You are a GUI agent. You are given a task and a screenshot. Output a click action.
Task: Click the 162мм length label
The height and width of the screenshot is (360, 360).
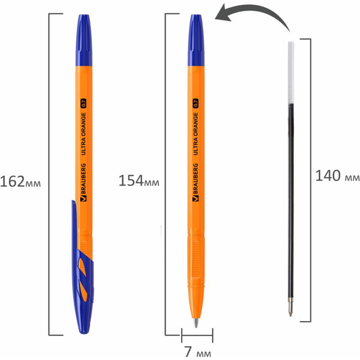[23, 180]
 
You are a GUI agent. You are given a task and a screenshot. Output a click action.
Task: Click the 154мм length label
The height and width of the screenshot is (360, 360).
[139, 181]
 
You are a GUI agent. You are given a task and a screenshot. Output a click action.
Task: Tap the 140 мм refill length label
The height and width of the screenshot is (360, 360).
[337, 176]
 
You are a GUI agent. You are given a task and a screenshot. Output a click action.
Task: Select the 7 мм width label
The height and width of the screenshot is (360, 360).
[196, 350]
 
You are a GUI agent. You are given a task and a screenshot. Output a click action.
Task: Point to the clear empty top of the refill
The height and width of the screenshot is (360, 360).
[292, 72]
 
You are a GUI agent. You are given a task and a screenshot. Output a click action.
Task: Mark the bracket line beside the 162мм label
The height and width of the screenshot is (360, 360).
[50, 180]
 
